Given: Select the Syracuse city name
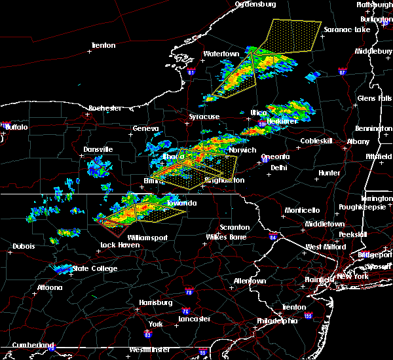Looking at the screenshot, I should click(204, 117).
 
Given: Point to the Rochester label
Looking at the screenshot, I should click(105, 108).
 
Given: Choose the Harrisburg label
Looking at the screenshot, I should click(155, 302).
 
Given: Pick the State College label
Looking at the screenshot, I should click(95, 268).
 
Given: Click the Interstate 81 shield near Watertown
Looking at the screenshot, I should click(191, 71).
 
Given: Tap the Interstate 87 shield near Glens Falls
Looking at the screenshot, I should click(342, 71).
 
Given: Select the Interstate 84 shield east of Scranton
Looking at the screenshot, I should click(272, 236).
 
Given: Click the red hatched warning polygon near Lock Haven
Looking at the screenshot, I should click(114, 228).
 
